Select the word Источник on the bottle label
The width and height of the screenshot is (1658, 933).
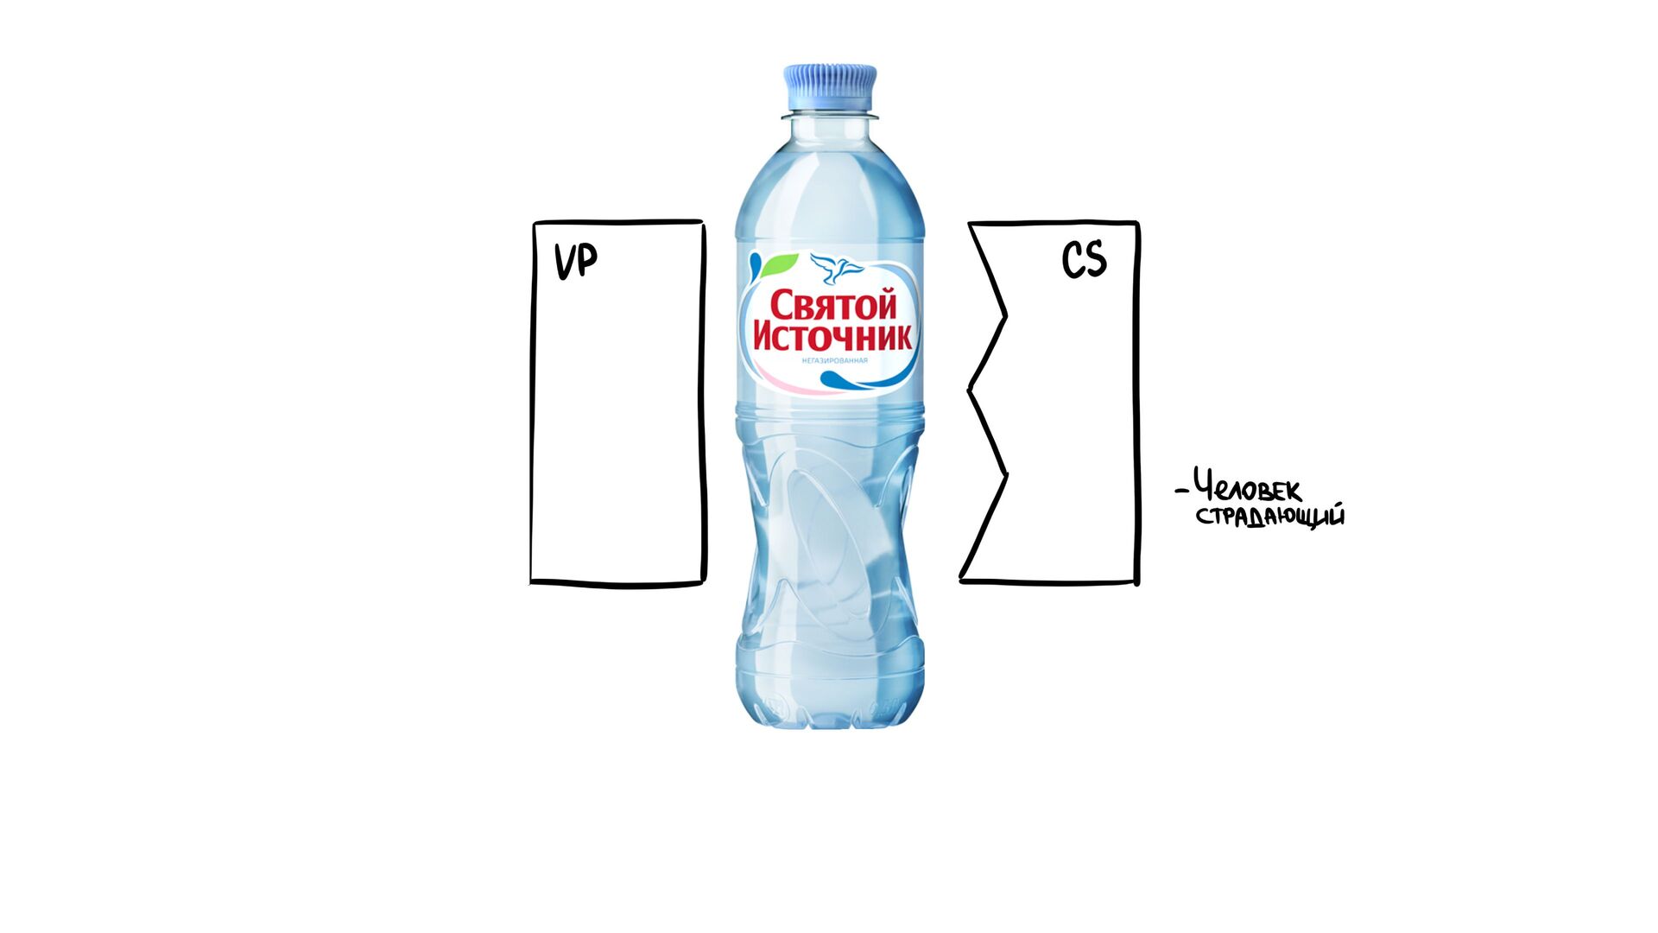click(832, 335)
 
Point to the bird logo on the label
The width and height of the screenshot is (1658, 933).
click(837, 268)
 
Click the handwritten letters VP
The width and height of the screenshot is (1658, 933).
click(576, 261)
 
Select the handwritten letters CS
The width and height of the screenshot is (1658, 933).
click(1084, 259)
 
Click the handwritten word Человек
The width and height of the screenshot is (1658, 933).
click(1248, 488)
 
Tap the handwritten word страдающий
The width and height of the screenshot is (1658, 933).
click(1270, 517)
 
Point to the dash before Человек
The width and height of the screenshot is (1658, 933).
click(1181, 492)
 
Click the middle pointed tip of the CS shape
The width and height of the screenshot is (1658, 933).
click(970, 390)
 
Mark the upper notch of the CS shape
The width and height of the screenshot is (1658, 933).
click(1005, 315)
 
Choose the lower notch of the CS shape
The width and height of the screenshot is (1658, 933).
click(1006, 473)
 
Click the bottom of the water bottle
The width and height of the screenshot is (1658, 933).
click(830, 713)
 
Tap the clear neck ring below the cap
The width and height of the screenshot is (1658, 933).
click(830, 115)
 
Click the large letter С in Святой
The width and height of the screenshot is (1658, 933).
click(782, 306)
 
